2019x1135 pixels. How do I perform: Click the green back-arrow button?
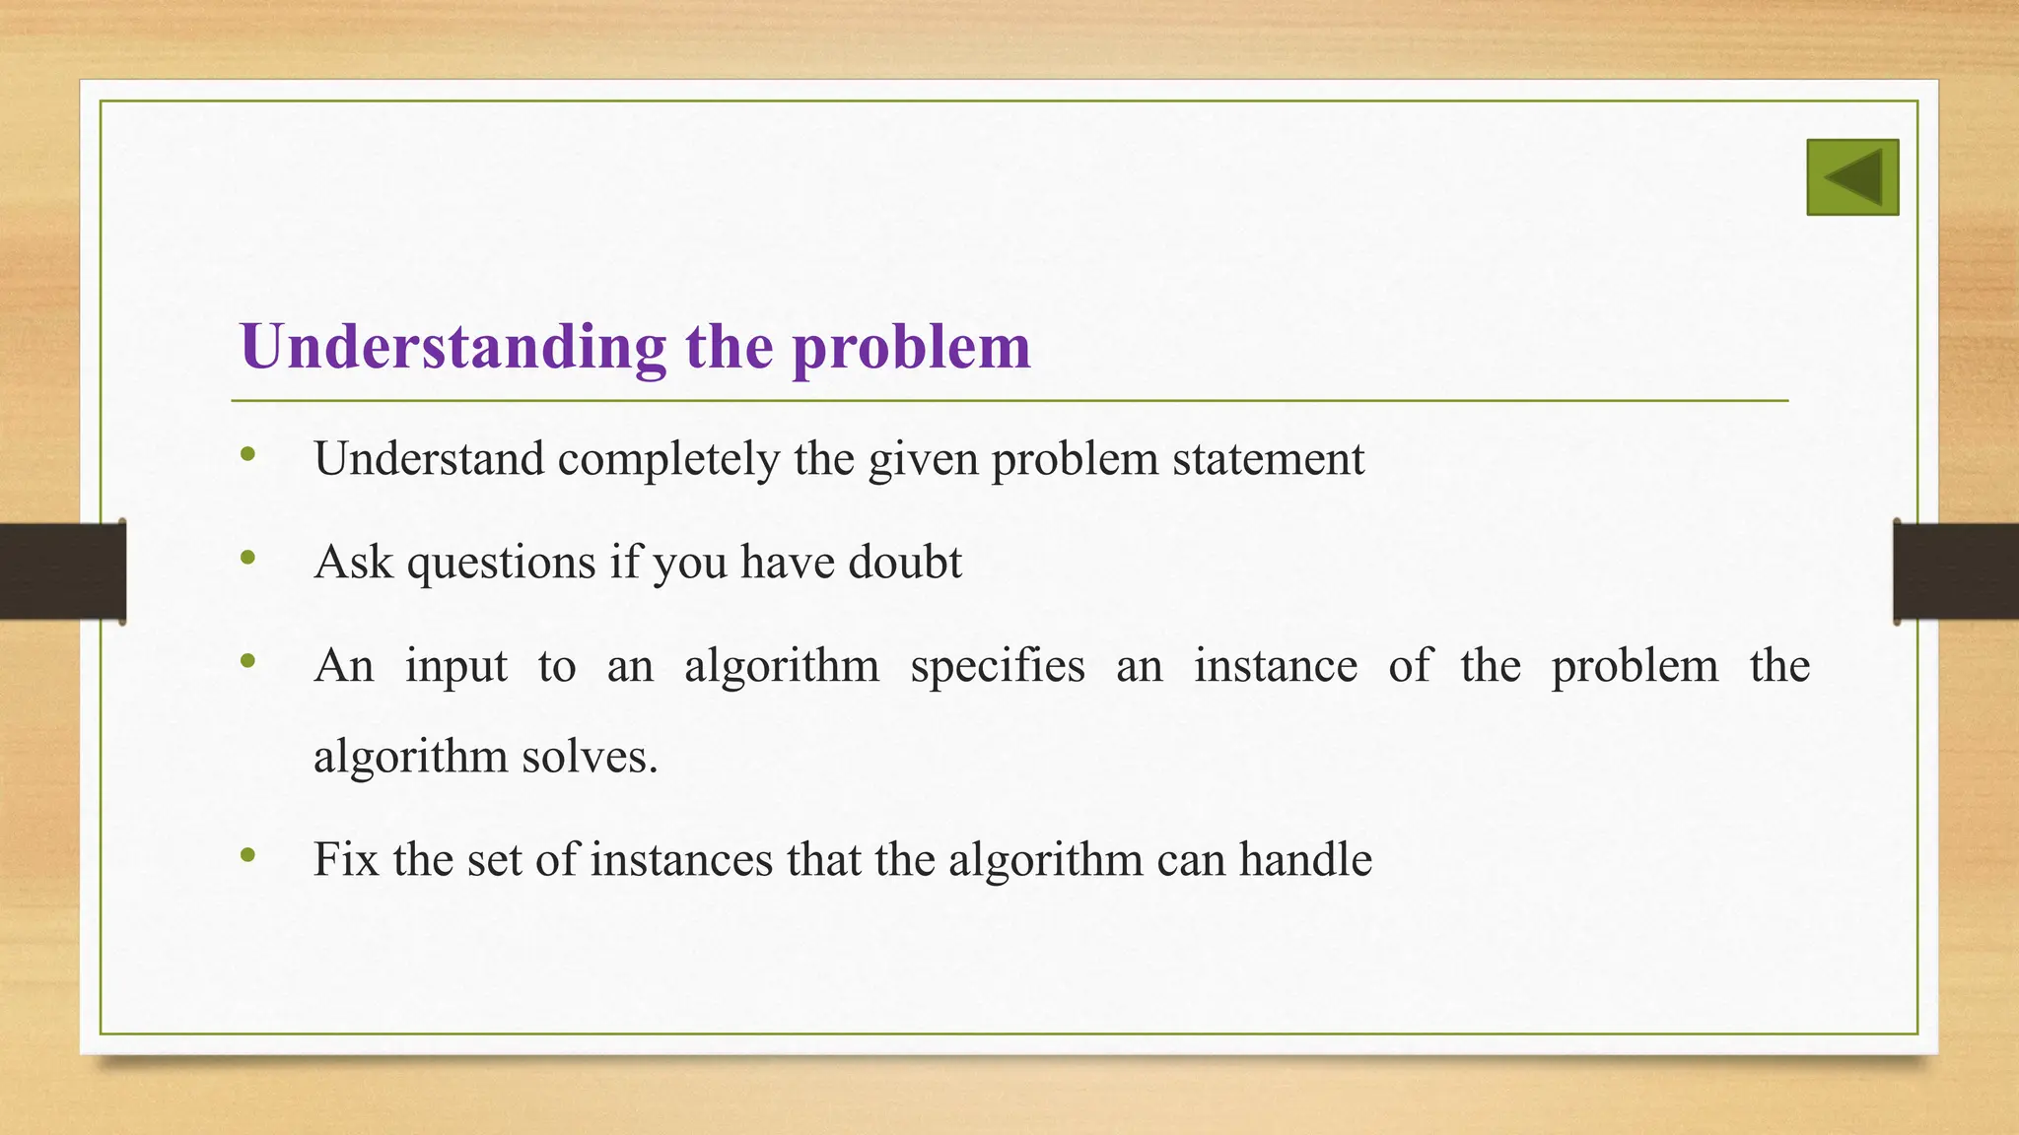coord(1852,177)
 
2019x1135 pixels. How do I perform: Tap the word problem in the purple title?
coord(911,347)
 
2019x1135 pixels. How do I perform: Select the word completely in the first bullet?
coord(668,459)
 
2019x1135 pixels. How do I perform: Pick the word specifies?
coord(997,666)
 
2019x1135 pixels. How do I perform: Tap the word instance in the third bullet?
coord(1276,666)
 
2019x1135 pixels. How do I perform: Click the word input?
coord(456,666)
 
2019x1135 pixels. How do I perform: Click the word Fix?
coord(346,859)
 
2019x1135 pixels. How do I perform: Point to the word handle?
coord(1305,859)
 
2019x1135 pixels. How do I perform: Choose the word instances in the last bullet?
coord(681,859)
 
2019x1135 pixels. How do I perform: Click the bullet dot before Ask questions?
coord(248,558)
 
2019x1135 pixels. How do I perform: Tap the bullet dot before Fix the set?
coord(248,854)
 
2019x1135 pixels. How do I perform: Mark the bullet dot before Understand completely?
coord(248,454)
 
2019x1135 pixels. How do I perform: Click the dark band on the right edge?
coord(1956,571)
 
